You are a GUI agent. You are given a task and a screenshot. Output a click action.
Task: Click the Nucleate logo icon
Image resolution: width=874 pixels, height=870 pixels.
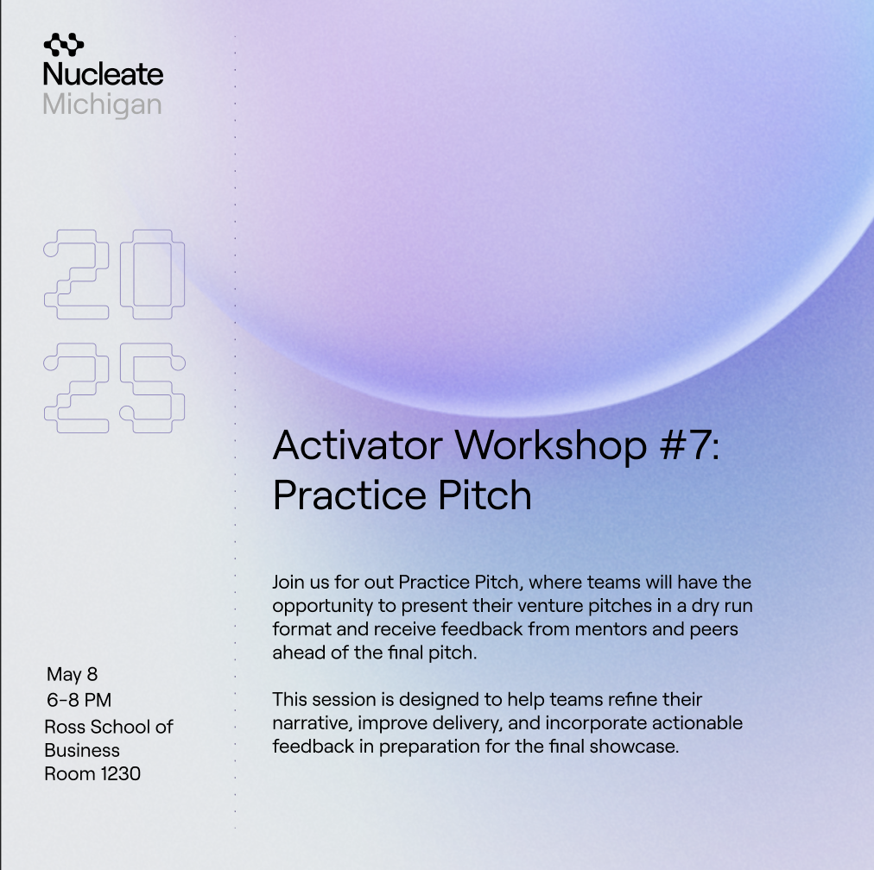click(x=64, y=45)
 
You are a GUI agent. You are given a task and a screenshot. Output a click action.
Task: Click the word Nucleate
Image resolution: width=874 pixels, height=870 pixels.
click(x=103, y=74)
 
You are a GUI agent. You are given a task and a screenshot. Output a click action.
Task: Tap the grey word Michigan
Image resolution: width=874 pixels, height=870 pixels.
click(x=102, y=104)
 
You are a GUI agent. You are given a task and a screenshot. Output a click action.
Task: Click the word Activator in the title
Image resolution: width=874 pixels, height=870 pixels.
click(x=358, y=445)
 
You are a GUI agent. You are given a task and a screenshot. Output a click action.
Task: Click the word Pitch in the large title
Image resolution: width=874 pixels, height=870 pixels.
click(x=484, y=495)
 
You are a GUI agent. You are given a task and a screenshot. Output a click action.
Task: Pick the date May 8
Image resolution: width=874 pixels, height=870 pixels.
click(x=72, y=674)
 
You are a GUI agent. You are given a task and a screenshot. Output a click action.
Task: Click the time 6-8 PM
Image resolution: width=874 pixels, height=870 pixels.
click(x=79, y=700)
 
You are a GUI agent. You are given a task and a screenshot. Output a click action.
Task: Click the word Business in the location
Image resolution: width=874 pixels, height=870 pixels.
click(x=82, y=750)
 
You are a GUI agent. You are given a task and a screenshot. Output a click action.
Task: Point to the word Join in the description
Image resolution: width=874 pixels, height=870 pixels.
click(x=288, y=582)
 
